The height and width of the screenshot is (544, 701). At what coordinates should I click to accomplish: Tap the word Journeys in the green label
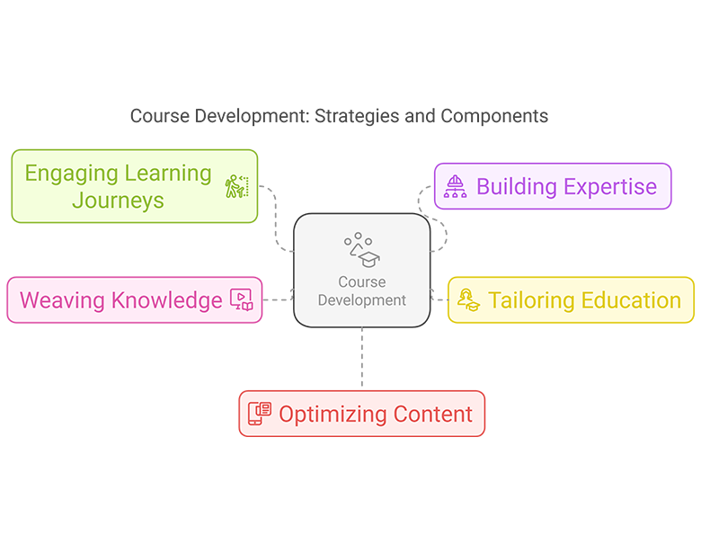[x=118, y=200]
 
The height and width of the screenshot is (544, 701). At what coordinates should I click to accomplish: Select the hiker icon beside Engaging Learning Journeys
[x=235, y=186]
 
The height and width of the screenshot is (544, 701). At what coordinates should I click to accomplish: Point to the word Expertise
[x=611, y=187]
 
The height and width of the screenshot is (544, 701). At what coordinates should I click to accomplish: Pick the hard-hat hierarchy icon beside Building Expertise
[x=456, y=187]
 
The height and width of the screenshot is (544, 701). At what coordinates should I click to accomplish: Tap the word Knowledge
[x=166, y=300]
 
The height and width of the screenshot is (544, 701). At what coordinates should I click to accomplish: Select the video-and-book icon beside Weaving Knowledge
[x=242, y=300]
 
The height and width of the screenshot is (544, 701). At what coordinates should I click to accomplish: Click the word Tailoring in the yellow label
[x=532, y=300]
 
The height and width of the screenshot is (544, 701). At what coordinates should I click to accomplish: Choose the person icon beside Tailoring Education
[x=468, y=300]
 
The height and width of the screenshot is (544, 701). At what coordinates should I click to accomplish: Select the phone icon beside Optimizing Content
[x=259, y=415]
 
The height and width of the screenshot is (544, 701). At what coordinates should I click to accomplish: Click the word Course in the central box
[x=362, y=282]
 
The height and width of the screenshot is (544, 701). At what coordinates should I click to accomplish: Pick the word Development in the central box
[x=362, y=300]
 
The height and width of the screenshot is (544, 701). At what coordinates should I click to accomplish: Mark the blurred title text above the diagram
[x=337, y=116]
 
